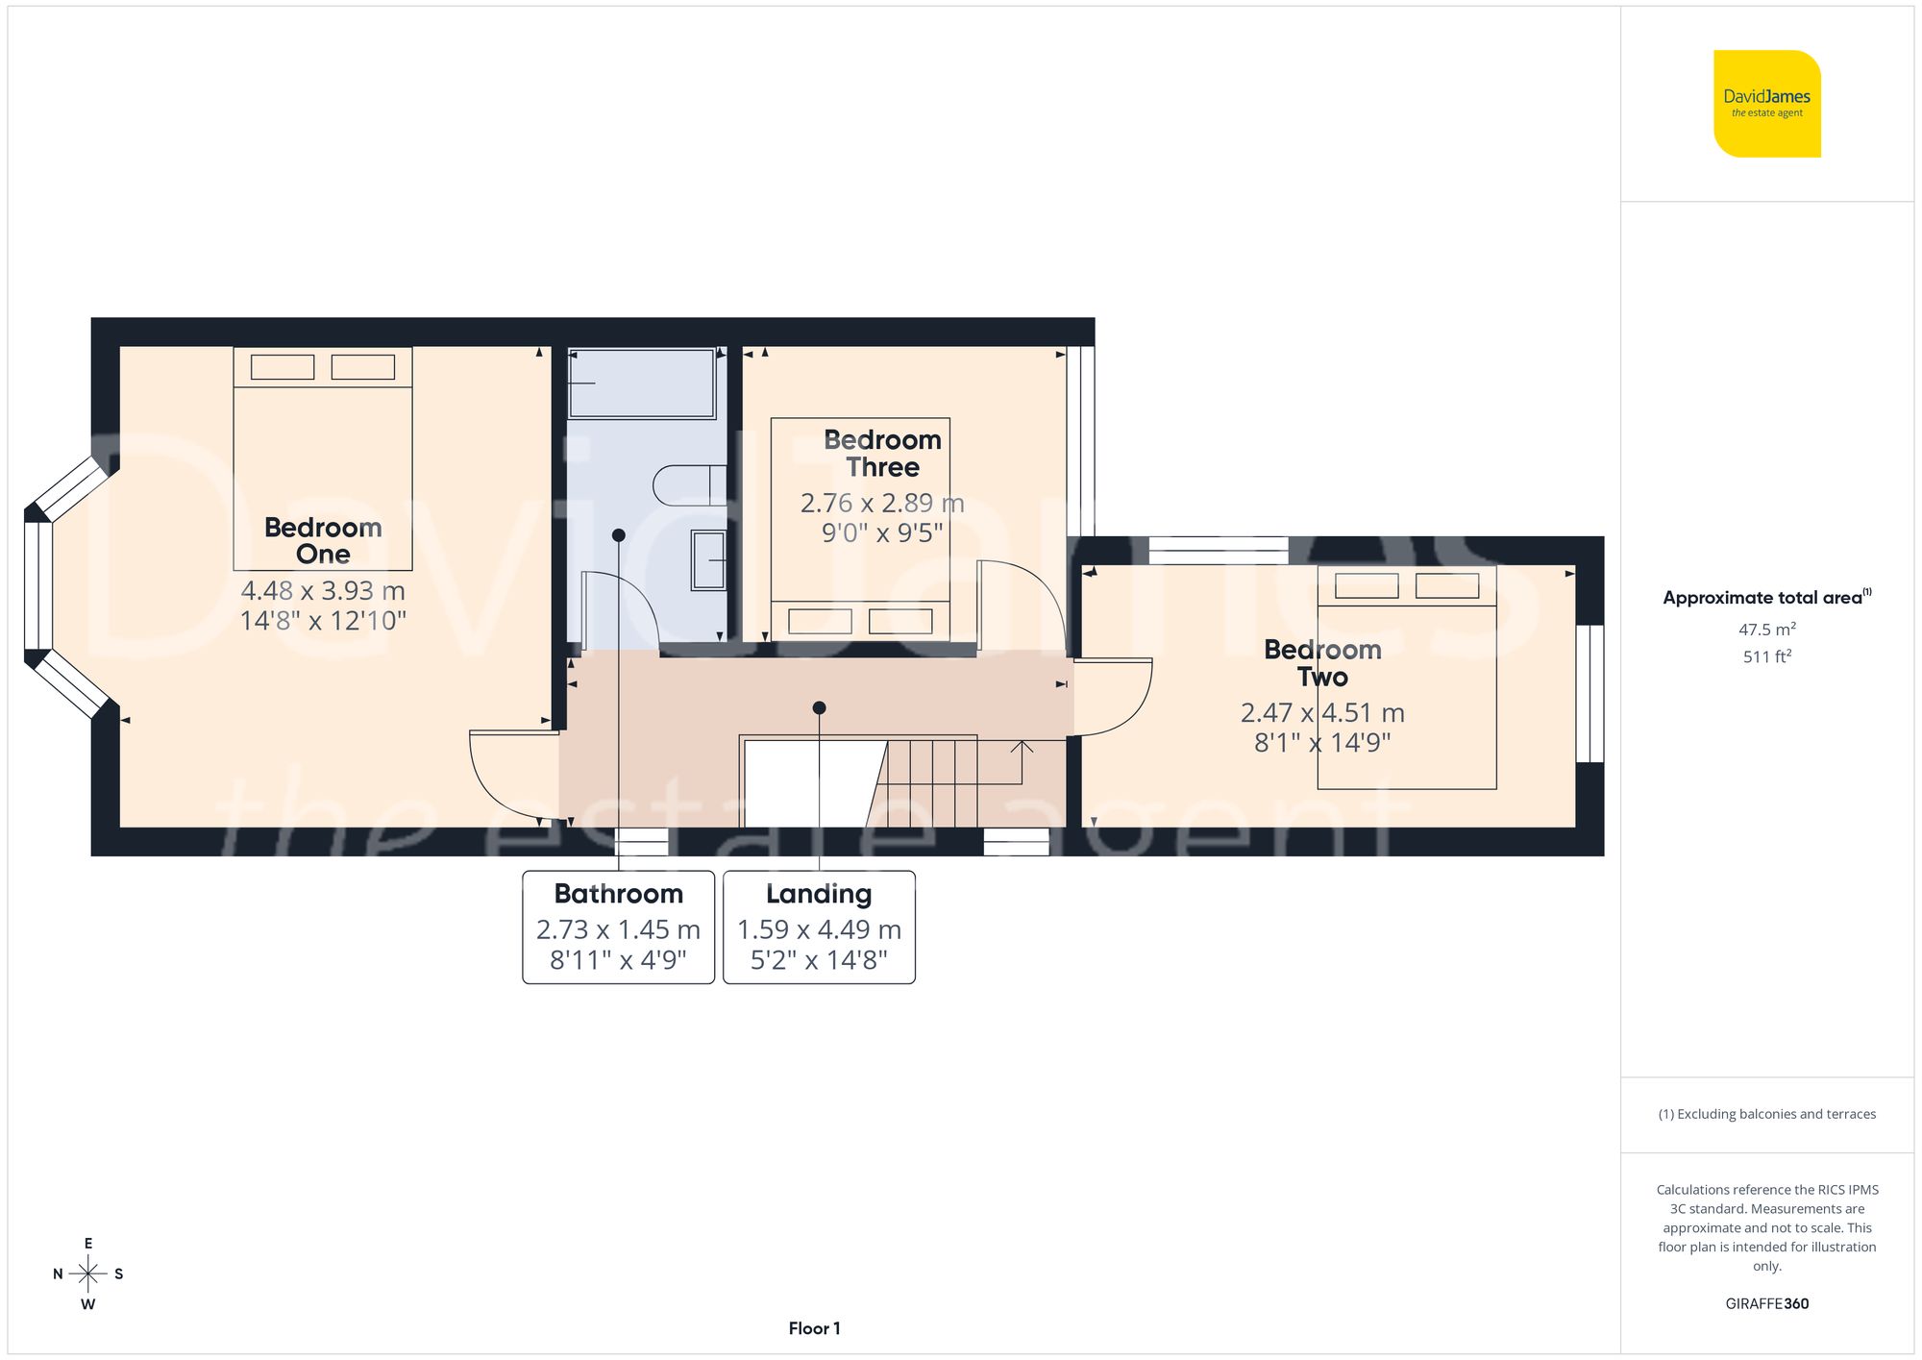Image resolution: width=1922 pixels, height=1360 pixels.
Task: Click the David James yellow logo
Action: click(1766, 104)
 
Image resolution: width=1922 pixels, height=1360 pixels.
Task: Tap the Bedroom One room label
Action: click(323, 540)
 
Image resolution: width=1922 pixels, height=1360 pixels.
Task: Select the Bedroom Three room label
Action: click(882, 454)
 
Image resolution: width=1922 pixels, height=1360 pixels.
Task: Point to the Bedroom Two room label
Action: click(1322, 663)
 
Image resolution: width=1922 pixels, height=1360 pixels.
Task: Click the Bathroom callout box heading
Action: click(618, 894)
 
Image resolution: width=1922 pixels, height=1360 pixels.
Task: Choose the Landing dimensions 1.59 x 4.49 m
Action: click(819, 929)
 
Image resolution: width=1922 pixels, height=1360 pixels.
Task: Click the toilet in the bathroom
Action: click(688, 485)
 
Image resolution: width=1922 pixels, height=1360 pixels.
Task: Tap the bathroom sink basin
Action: click(709, 560)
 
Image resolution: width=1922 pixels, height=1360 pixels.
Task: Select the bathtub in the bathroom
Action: click(642, 383)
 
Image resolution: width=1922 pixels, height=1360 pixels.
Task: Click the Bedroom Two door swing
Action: click(1115, 697)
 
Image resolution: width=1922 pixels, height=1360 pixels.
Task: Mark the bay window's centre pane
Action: click(38, 585)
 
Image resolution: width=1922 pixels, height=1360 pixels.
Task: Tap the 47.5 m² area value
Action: click(1766, 630)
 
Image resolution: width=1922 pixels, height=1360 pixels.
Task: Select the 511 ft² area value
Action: click(1766, 656)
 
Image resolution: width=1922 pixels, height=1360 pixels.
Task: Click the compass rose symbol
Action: click(88, 1274)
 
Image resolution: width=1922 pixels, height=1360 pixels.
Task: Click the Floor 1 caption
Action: click(814, 1328)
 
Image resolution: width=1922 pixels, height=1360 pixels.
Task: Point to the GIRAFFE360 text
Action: click(1766, 1303)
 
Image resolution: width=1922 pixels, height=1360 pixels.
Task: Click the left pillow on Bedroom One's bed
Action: click(283, 367)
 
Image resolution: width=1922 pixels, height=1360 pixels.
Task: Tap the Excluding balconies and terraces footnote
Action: click(1766, 1114)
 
